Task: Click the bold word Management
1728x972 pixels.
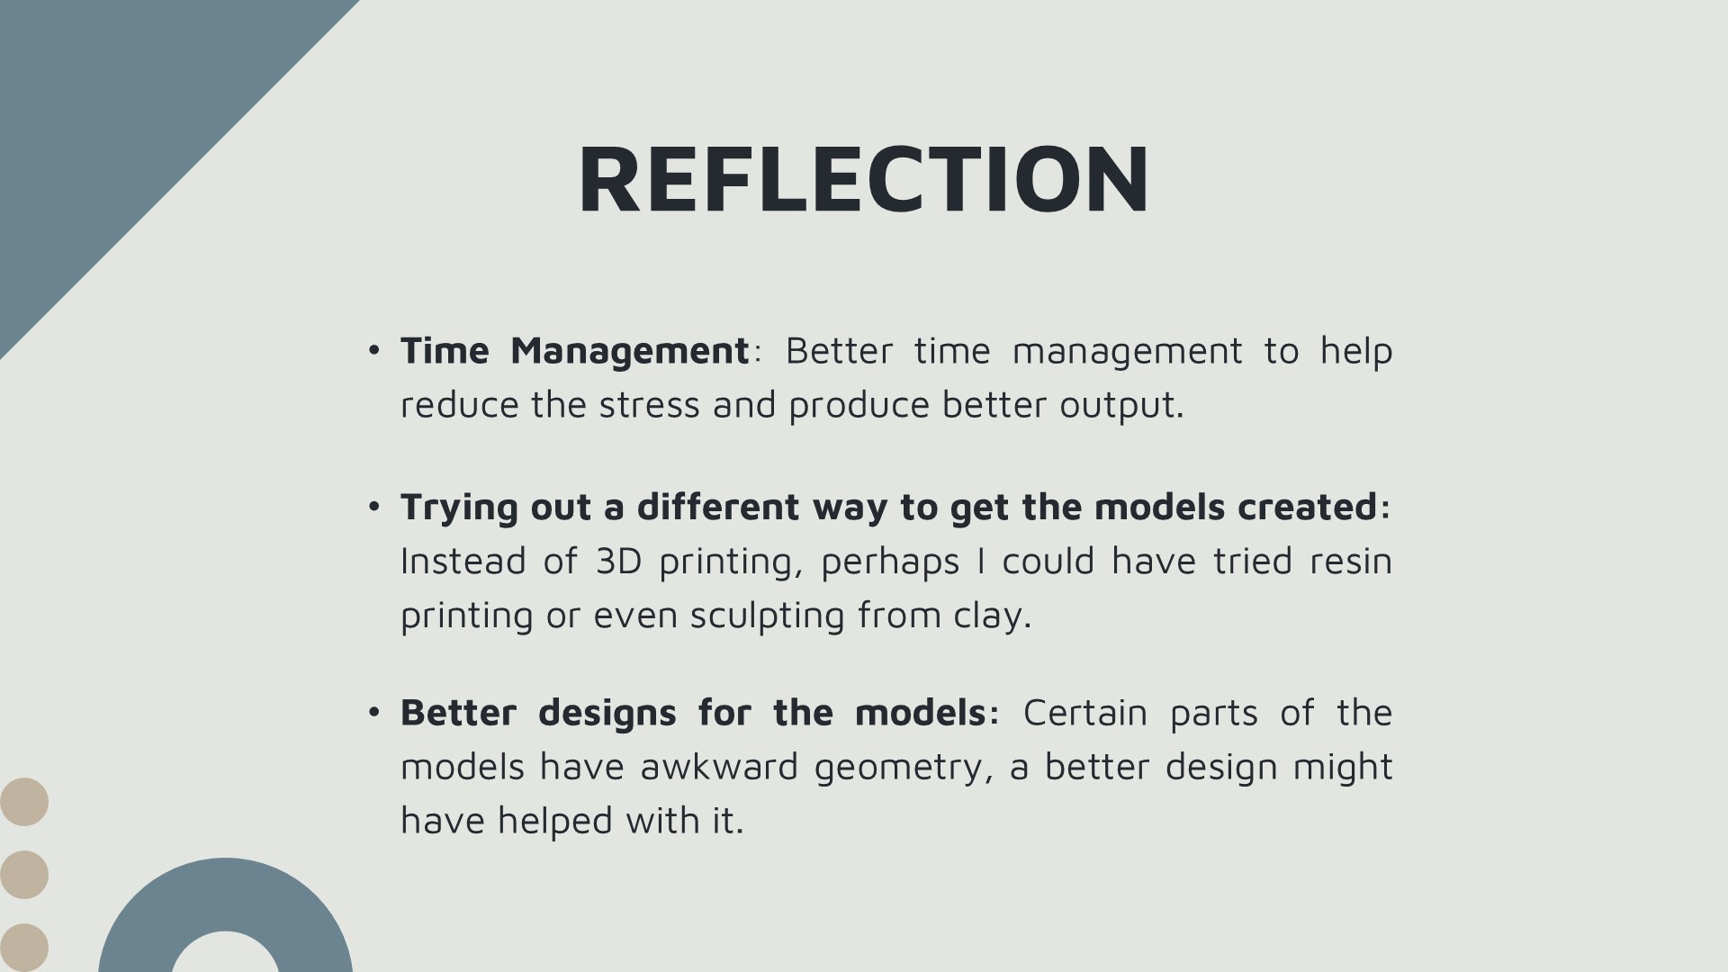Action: coord(629,352)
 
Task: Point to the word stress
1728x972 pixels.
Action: coord(649,405)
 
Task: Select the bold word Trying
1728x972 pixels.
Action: coord(459,508)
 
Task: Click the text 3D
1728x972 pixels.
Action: coord(618,562)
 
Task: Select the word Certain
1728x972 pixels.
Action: coord(1085,713)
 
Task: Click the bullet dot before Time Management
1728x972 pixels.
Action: coord(374,351)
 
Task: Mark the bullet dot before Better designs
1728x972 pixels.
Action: coord(374,713)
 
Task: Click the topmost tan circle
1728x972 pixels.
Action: coord(24,802)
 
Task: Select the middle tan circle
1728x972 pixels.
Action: coord(24,875)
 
